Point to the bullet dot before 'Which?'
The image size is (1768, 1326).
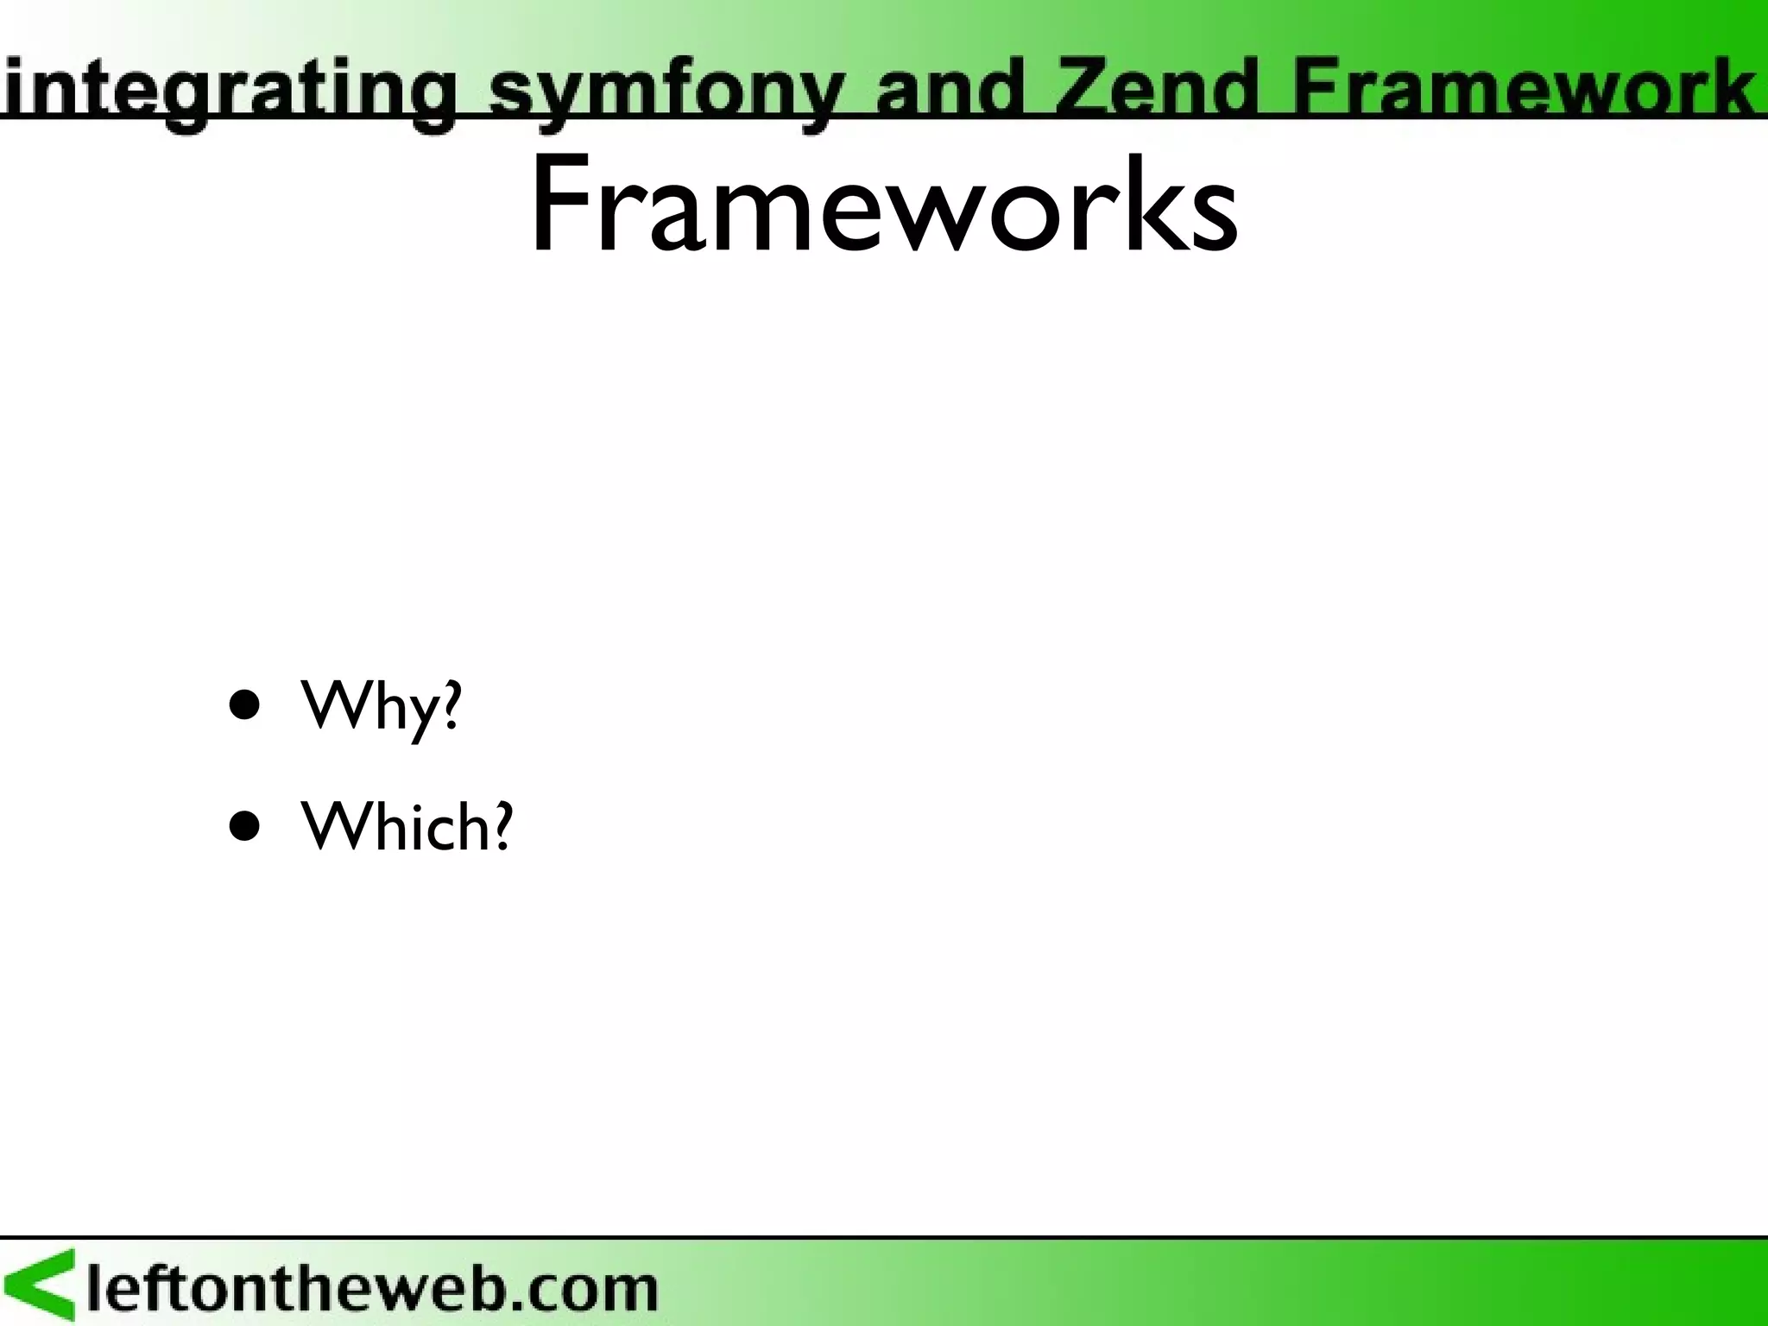pyautogui.click(x=245, y=825)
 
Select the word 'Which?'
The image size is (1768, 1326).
pyautogui.click(x=406, y=825)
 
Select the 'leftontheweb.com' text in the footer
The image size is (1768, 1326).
pyautogui.click(x=371, y=1289)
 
